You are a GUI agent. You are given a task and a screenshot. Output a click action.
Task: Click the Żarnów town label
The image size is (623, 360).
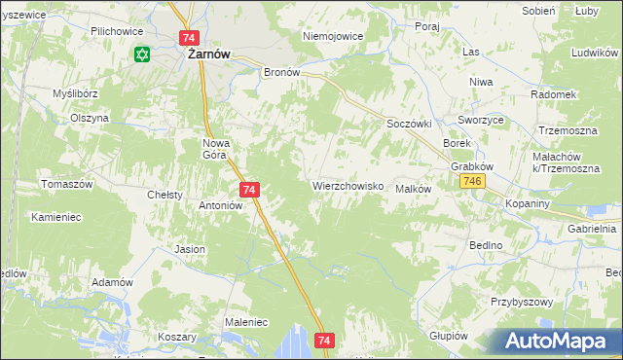pyautogui.click(x=207, y=55)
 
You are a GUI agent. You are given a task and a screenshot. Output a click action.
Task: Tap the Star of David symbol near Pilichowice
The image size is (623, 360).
pyautogui.click(x=143, y=54)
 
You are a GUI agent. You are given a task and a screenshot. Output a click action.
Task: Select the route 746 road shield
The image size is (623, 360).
pyautogui.click(x=474, y=183)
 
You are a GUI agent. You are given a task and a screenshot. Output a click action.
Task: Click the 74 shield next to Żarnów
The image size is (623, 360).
pyautogui.click(x=189, y=37)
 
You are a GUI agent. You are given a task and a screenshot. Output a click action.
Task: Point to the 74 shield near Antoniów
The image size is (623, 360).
pyautogui.click(x=249, y=190)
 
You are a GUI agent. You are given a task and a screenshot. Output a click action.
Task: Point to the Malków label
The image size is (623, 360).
pyautogui.click(x=413, y=189)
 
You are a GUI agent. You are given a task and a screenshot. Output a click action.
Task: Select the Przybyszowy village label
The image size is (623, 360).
pyautogui.click(x=522, y=302)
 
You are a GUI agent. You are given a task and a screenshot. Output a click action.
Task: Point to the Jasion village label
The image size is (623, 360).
pyautogui.click(x=190, y=249)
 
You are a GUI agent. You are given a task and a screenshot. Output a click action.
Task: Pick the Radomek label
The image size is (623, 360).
pyautogui.click(x=554, y=94)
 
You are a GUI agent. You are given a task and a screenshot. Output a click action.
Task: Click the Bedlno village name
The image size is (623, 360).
pyautogui.click(x=485, y=245)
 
